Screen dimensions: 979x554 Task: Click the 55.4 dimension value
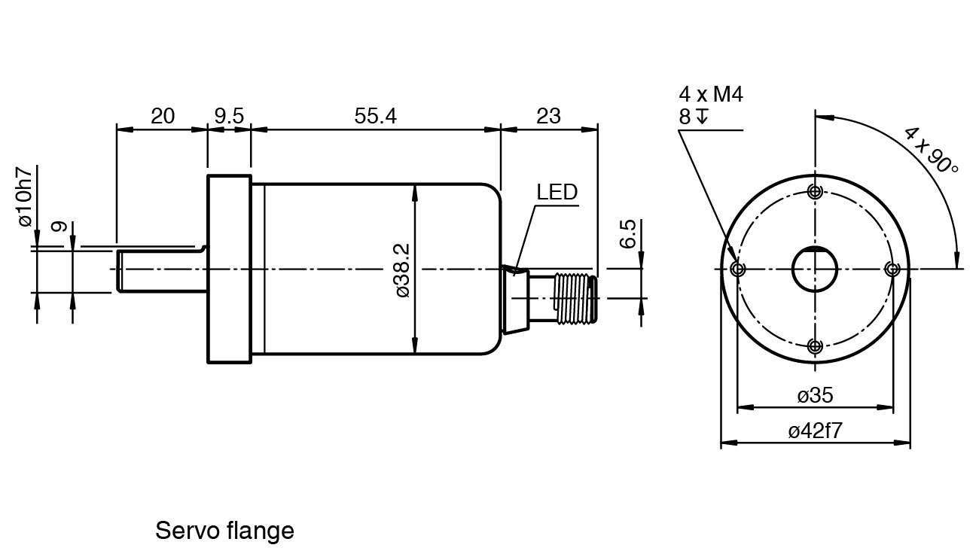[x=376, y=116]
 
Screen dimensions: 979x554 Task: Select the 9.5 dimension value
[x=229, y=116]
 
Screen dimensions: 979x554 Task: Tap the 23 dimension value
[x=548, y=116]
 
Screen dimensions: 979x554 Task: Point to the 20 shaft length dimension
[x=163, y=116]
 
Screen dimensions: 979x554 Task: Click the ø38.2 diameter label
[x=403, y=271]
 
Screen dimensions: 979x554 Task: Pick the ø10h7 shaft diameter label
[x=25, y=196]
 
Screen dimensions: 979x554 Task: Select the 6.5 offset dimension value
[x=628, y=234]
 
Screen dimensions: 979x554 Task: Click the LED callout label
[x=557, y=192]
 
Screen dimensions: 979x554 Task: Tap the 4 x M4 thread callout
[x=711, y=94]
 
